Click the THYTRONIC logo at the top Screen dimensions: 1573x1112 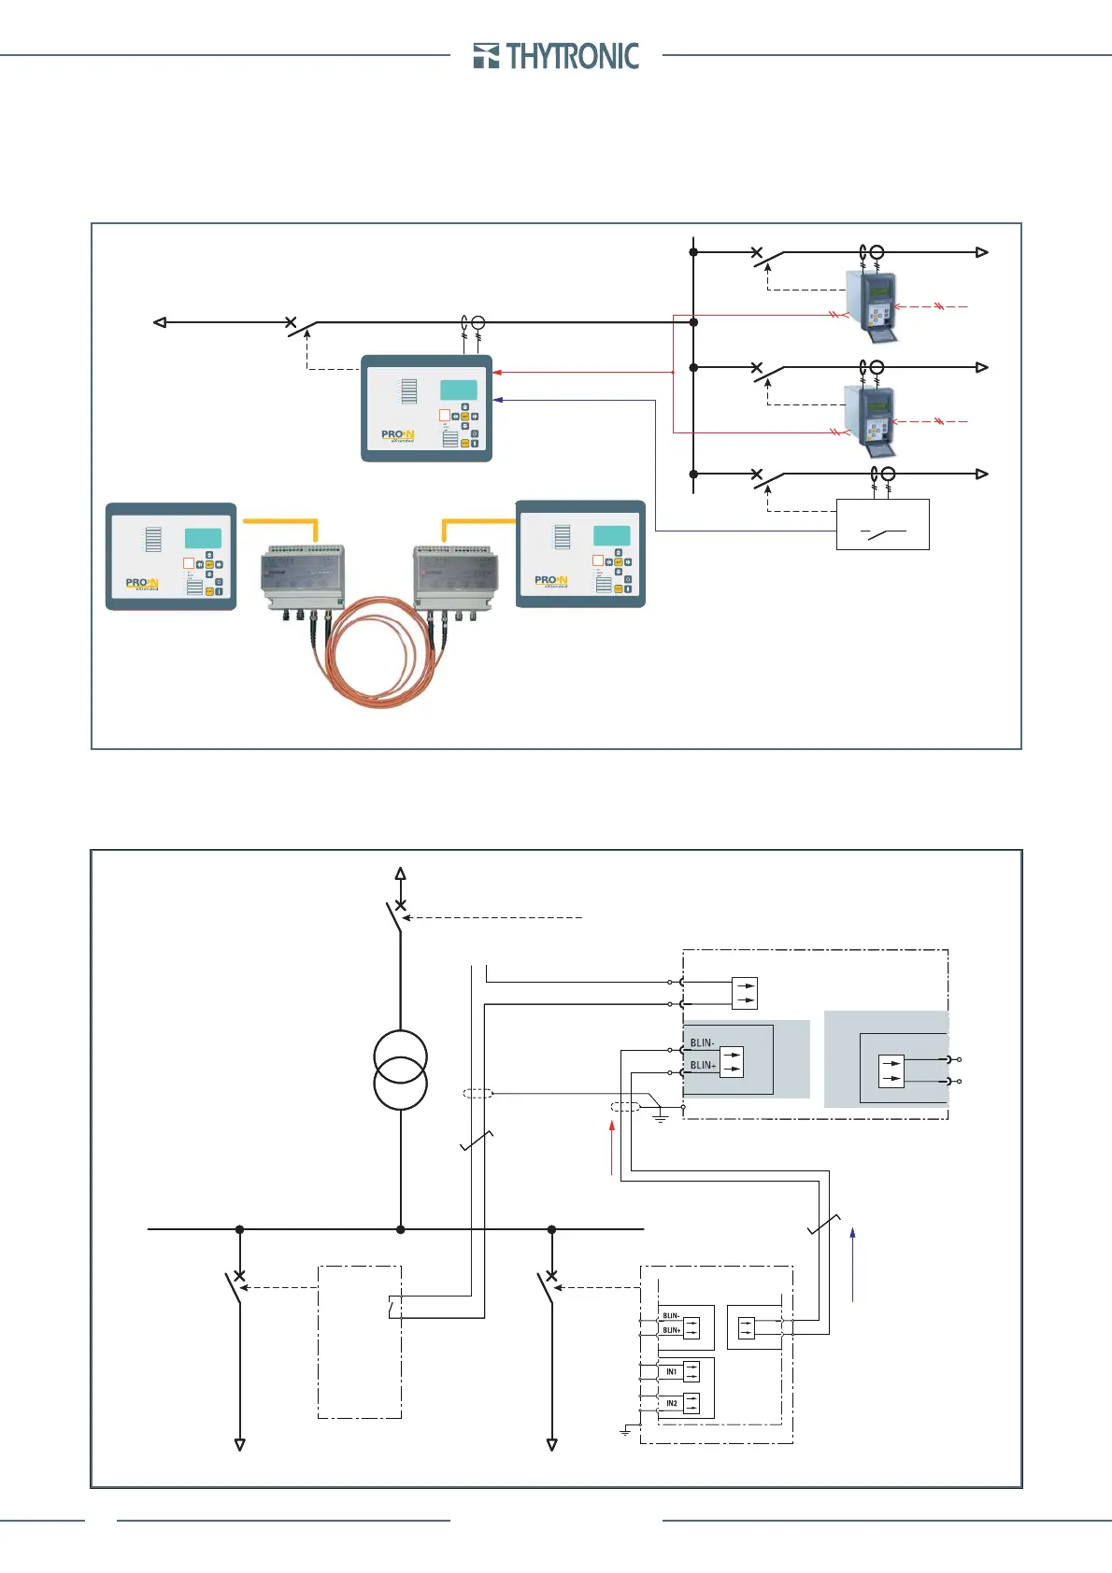tap(557, 56)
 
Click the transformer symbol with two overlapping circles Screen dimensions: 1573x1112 tap(400, 1070)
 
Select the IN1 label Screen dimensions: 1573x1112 tap(671, 1371)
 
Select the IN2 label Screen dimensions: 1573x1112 tap(671, 1403)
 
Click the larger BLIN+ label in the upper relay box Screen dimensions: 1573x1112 tap(703, 1065)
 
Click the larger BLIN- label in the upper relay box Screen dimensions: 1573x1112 tap(702, 1042)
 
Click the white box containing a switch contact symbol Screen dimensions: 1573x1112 tap(882, 524)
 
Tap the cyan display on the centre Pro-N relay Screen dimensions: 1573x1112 tap(458, 390)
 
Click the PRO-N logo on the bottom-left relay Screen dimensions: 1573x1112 tap(142, 584)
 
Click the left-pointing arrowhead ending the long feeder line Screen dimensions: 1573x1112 tap(160, 322)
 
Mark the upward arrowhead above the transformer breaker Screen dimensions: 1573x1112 tap(400, 874)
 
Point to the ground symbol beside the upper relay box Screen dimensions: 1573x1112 tap(661, 1116)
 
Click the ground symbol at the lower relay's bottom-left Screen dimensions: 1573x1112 tap(625, 1431)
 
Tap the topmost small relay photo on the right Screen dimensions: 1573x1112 tap(872, 304)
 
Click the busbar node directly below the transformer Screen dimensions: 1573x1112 tap(400, 1229)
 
